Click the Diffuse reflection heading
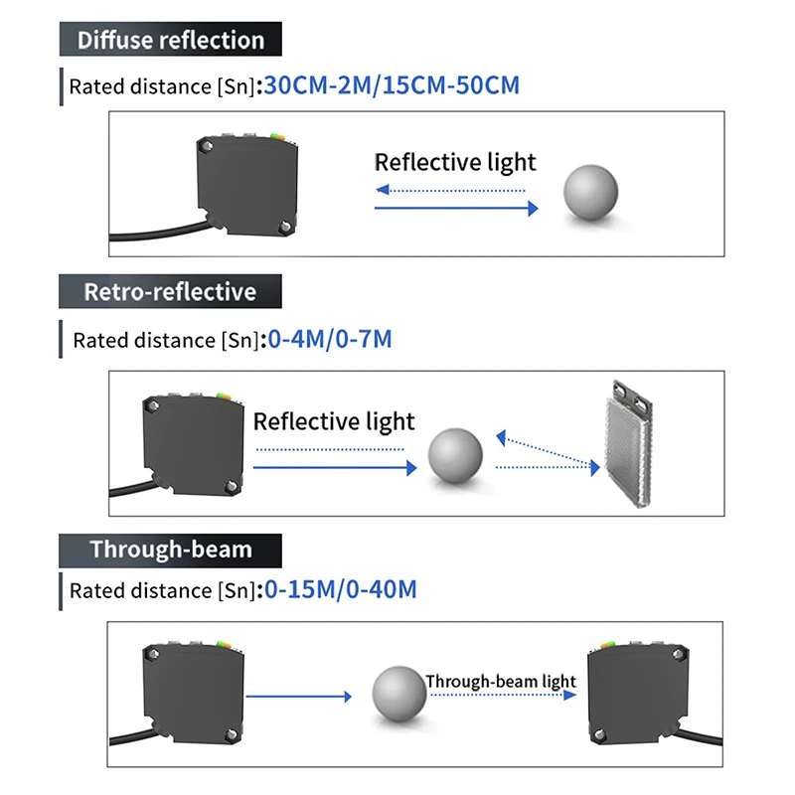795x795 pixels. click(x=171, y=41)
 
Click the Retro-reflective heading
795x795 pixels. click(x=170, y=292)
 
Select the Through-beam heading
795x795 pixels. click(x=171, y=550)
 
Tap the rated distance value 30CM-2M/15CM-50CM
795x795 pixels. click(x=392, y=85)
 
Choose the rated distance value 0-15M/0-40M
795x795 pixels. click(x=340, y=590)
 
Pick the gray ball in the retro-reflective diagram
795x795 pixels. click(x=455, y=456)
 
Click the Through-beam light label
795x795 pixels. click(x=501, y=681)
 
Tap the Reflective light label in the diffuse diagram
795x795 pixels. click(x=455, y=163)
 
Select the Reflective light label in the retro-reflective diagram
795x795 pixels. click(x=334, y=421)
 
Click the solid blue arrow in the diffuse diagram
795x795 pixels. click(x=456, y=208)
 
